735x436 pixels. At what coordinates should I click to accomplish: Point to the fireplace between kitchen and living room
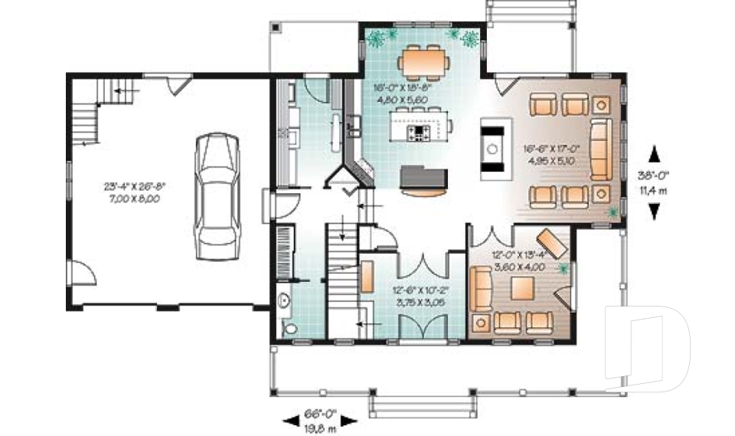point(491,148)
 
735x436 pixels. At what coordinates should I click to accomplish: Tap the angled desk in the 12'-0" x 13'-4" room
point(552,242)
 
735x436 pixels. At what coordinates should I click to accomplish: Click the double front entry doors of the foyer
point(419,333)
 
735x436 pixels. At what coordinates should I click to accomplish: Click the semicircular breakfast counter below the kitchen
point(423,192)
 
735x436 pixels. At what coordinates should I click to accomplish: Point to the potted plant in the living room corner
point(611,209)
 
